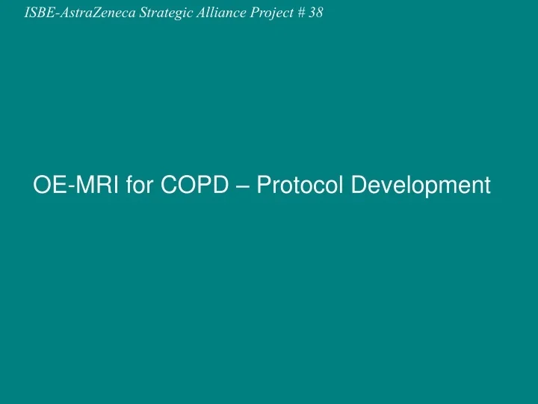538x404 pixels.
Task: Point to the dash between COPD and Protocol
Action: click(243, 186)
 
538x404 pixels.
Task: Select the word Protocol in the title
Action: click(300, 184)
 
